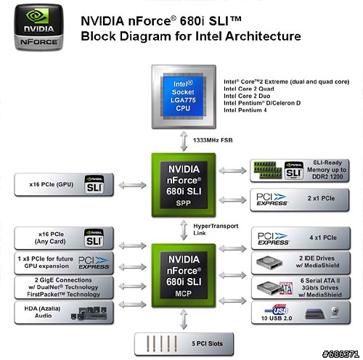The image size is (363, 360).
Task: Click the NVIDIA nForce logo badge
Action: [39, 27]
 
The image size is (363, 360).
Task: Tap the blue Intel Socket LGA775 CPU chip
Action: [184, 97]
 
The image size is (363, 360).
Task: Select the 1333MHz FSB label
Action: [213, 140]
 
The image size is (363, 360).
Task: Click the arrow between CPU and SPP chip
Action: [184, 141]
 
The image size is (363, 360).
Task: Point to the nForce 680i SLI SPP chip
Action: [184, 185]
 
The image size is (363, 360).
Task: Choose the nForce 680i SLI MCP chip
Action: [184, 275]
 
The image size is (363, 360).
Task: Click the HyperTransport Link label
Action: [216, 229]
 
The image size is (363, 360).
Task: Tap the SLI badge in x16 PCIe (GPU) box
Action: [94, 184]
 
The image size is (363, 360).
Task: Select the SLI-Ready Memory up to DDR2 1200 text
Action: [327, 170]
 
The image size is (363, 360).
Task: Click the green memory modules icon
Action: [268, 170]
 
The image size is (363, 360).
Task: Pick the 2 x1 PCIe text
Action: [321, 198]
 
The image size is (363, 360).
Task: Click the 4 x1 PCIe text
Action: [323, 237]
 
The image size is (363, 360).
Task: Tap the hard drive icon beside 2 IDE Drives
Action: [269, 262]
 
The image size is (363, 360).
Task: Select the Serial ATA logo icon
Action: [286, 288]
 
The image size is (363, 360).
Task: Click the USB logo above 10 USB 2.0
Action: [277, 309]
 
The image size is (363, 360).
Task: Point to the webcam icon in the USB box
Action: [335, 312]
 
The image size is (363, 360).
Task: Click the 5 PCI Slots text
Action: [207, 343]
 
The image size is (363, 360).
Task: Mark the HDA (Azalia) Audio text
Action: [43, 312]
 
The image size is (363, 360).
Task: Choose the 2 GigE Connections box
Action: [64, 287]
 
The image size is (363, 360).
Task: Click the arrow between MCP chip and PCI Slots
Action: [184, 319]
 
